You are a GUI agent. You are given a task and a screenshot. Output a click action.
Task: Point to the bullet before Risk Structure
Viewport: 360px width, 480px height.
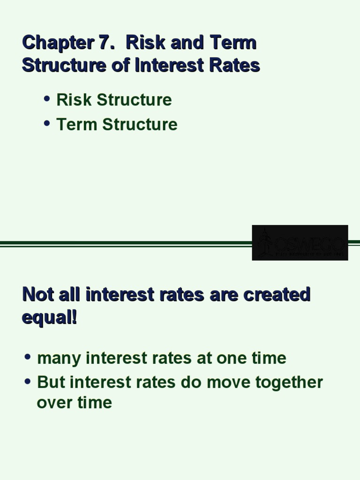pyautogui.click(x=46, y=98)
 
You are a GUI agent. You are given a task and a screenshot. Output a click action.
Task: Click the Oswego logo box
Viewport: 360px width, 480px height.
pyautogui.click(x=300, y=242)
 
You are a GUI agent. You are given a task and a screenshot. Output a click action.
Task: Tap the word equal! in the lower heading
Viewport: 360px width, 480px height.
pyautogui.click(x=49, y=318)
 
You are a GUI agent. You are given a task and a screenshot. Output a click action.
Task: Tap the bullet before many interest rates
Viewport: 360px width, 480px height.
pyautogui.click(x=28, y=357)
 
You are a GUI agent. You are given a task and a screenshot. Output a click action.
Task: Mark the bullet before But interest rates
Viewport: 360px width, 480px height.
pyautogui.click(x=28, y=381)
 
